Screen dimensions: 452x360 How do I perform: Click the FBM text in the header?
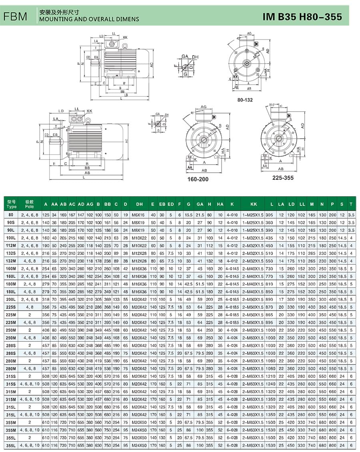(15, 16)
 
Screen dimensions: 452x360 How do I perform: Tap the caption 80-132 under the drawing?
(245, 100)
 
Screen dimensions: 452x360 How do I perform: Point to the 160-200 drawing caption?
(198, 179)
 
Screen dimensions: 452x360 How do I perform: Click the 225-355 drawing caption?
(282, 177)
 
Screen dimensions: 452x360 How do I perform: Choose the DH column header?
(139, 204)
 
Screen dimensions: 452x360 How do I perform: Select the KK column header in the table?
(254, 204)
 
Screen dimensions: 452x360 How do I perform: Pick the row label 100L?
(12, 238)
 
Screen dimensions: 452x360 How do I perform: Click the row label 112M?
(12, 245)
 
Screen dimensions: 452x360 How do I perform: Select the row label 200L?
(12, 299)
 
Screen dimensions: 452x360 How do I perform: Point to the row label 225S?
(12, 307)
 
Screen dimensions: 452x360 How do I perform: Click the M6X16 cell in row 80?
(139, 215)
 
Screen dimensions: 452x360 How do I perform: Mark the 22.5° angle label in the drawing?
(272, 105)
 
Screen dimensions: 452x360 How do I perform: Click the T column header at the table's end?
(351, 204)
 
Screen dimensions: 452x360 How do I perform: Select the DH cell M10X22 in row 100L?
(139, 238)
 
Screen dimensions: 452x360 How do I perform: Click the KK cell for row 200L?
(254, 299)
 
